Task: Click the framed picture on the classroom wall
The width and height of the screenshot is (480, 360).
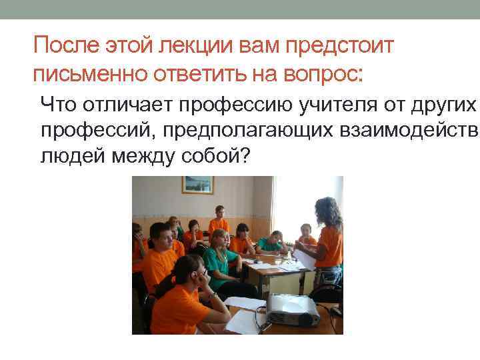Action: coord(198,185)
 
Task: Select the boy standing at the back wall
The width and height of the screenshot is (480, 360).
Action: coord(217,220)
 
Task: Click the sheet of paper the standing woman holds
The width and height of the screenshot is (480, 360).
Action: coord(303,256)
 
